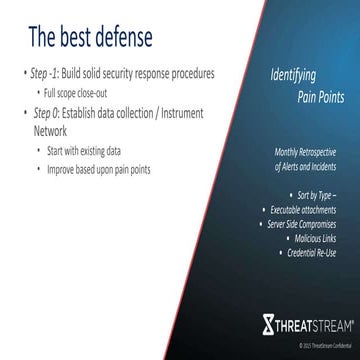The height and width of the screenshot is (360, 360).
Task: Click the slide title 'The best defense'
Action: (90, 39)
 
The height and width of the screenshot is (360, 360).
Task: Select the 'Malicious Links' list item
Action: (318, 227)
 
